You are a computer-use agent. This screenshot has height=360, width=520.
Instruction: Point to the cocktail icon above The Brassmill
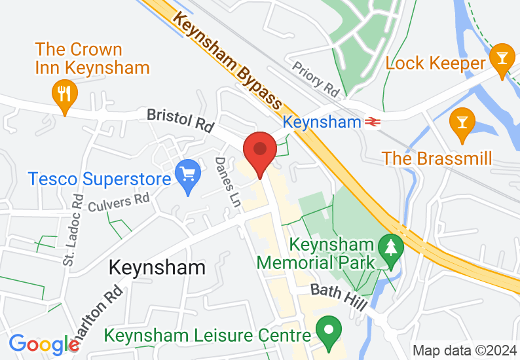point(462,124)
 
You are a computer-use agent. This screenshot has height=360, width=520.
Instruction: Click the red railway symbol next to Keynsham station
point(373,122)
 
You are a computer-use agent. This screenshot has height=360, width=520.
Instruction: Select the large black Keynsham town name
point(157,268)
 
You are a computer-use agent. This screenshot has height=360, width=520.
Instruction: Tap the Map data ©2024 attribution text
point(464,350)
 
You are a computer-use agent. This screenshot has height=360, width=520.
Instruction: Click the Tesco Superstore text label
point(99,178)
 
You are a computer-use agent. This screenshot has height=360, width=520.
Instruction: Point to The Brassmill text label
point(437,158)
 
